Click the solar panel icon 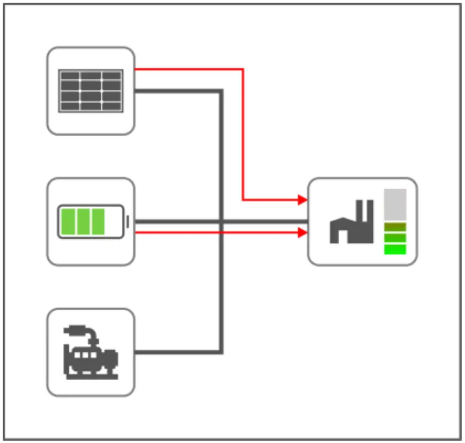click(x=91, y=91)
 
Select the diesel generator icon click(x=91, y=352)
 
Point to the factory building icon click(x=351, y=222)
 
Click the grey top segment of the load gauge click(x=395, y=204)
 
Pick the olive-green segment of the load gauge click(x=395, y=227)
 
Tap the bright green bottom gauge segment click(x=395, y=249)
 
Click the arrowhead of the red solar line click(x=303, y=200)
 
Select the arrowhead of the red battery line click(x=303, y=233)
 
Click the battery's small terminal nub click(x=127, y=221)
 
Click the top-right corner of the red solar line click(x=243, y=69)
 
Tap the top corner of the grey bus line click(x=221, y=91)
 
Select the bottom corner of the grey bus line click(x=221, y=352)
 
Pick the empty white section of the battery click(x=113, y=221)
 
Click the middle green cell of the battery click(x=83, y=221)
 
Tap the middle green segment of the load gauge click(x=395, y=238)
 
